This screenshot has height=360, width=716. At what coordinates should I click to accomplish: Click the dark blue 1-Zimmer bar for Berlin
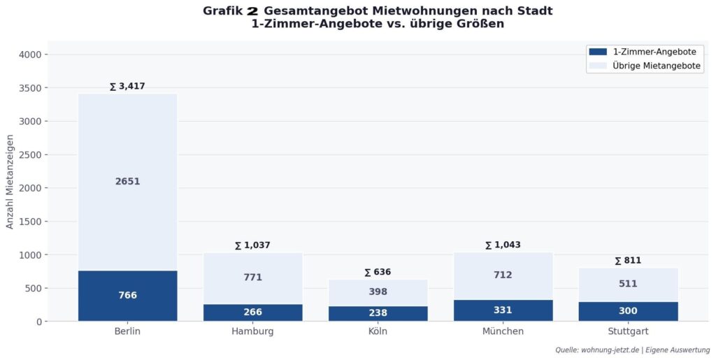click(x=127, y=295)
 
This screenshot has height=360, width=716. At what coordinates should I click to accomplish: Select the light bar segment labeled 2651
click(x=127, y=181)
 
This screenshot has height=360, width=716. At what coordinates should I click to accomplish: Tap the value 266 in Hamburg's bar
click(x=253, y=312)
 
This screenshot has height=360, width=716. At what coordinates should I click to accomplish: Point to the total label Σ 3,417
click(x=127, y=87)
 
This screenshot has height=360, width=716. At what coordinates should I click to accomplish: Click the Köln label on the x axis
click(x=378, y=331)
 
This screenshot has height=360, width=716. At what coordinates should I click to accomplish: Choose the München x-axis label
click(x=503, y=331)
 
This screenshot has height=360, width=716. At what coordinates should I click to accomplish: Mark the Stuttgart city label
click(x=628, y=331)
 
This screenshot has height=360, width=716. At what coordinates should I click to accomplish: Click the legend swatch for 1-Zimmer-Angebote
click(x=598, y=52)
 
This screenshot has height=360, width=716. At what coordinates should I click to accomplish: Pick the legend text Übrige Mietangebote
click(x=657, y=66)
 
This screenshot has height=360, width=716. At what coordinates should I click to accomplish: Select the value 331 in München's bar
click(x=503, y=310)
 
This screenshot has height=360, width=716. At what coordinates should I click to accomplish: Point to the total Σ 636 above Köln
click(x=378, y=272)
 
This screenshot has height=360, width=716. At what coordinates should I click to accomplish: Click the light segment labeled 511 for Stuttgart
click(x=628, y=284)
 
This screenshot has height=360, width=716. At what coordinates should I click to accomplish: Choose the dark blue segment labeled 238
click(x=378, y=313)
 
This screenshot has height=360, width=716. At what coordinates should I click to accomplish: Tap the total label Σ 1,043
click(x=503, y=245)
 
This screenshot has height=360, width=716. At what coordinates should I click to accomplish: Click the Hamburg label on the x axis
click(x=252, y=331)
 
